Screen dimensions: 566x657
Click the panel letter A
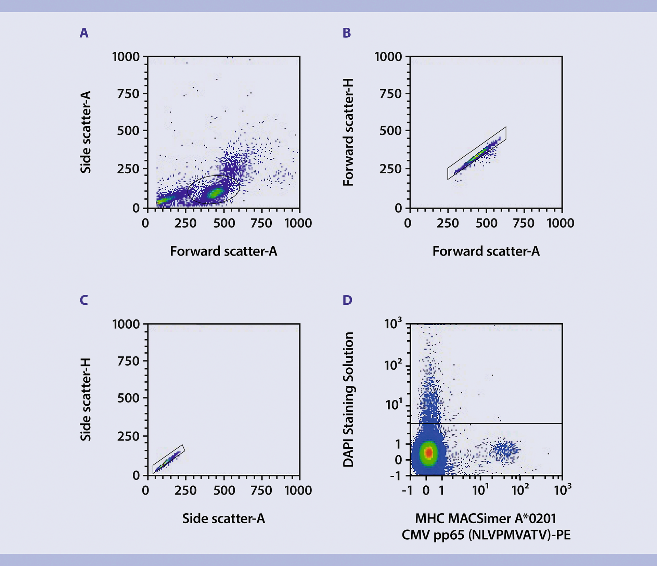coord(84,33)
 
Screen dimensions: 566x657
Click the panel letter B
coord(347,33)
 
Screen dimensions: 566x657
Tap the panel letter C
coord(84,300)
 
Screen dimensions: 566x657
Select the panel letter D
coord(347,300)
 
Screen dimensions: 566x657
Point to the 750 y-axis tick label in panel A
coord(128,93)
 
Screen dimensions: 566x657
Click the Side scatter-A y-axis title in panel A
coord(86,132)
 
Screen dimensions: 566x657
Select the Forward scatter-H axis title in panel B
coord(348,132)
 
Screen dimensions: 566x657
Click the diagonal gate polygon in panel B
coord(477,153)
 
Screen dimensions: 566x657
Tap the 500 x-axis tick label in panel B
coord(486,223)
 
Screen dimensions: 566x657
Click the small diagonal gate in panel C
coord(169,459)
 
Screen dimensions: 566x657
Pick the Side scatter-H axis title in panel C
coord(86,399)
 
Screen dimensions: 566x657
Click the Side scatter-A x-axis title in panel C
coord(223,518)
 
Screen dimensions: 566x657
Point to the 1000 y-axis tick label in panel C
coord(126,324)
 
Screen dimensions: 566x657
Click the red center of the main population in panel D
coord(428,452)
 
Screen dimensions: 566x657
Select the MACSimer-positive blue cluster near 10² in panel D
coord(505,451)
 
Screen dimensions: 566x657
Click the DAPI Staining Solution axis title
coord(348,399)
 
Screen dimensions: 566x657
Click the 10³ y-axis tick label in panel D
coord(393,324)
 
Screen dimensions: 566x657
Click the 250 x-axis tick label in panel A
coord(185,223)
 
